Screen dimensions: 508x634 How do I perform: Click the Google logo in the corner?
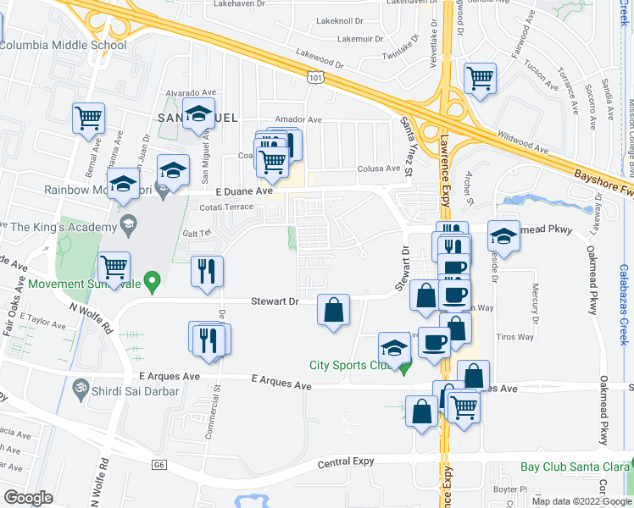(29, 498)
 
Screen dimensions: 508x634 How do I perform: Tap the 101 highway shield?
(315, 78)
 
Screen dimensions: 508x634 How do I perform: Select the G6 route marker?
(158, 465)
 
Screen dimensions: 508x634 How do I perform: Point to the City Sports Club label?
(350, 366)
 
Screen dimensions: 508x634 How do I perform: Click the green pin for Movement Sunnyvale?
(153, 282)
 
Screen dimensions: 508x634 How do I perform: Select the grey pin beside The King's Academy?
(129, 224)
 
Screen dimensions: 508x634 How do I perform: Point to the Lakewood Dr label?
(320, 58)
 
